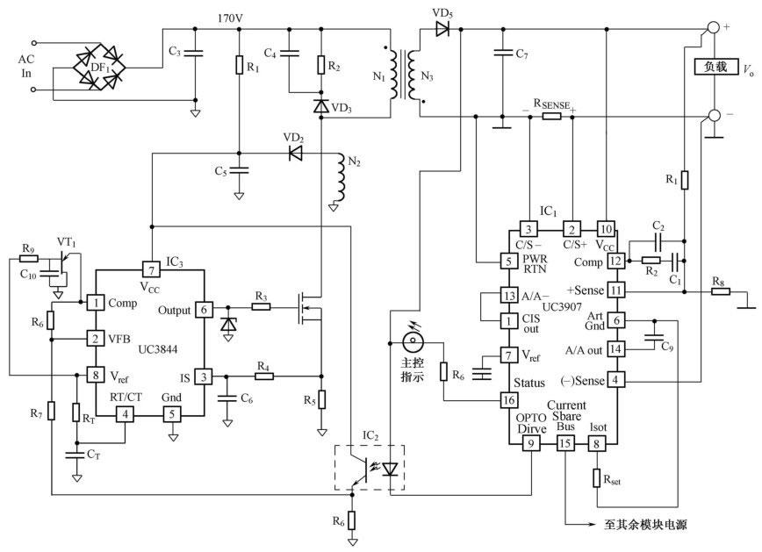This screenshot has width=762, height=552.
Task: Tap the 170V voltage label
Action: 231,17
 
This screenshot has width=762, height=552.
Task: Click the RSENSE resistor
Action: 552,115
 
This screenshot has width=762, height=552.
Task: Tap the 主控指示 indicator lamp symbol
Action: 411,341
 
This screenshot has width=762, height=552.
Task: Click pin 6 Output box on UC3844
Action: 204,310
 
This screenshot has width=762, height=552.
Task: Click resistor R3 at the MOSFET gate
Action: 261,306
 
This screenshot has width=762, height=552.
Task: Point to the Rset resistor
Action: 597,479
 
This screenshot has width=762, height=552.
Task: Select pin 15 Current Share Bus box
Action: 565,444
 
